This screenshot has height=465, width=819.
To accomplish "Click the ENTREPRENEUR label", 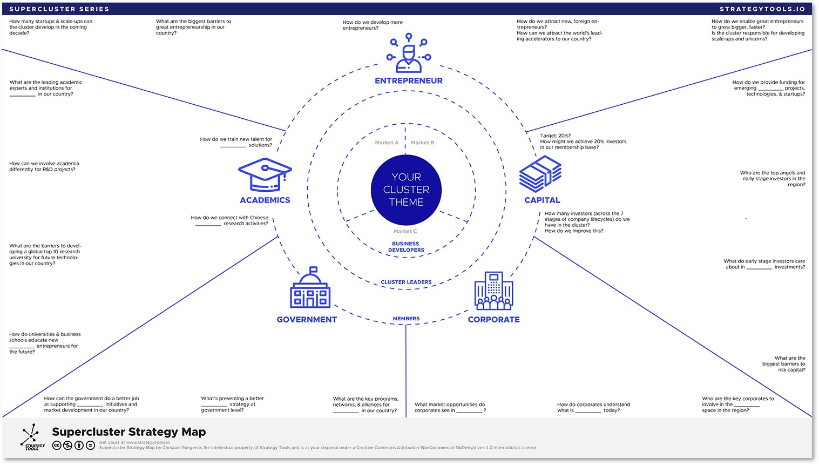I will coord(409,81).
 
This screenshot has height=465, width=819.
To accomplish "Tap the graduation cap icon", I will coord(265,174).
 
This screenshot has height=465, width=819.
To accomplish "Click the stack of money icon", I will coord(540,174).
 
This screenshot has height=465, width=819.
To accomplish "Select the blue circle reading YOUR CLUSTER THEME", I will coord(406,190).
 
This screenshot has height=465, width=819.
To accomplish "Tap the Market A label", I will coord(387,143).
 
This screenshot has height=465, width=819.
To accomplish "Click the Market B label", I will coord(422,143).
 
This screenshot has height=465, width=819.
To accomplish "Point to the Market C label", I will coord(405,232).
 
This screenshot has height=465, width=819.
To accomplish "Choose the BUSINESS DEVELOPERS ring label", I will coord(406,247).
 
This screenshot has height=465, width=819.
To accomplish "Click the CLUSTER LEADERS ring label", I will coord(406,282).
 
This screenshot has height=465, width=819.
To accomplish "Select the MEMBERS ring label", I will coord(406,319).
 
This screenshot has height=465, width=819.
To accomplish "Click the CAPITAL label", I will coord(542,200).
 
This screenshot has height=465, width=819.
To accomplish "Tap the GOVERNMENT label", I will coord(307,320).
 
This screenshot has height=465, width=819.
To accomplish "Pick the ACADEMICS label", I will coord(265,200).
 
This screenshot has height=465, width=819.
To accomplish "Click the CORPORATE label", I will coord(493,320).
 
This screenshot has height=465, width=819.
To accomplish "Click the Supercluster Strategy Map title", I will coord(129,432).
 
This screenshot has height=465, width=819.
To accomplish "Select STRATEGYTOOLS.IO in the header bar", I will coord(762,9).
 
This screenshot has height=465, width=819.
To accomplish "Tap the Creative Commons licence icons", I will coord(73,446).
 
